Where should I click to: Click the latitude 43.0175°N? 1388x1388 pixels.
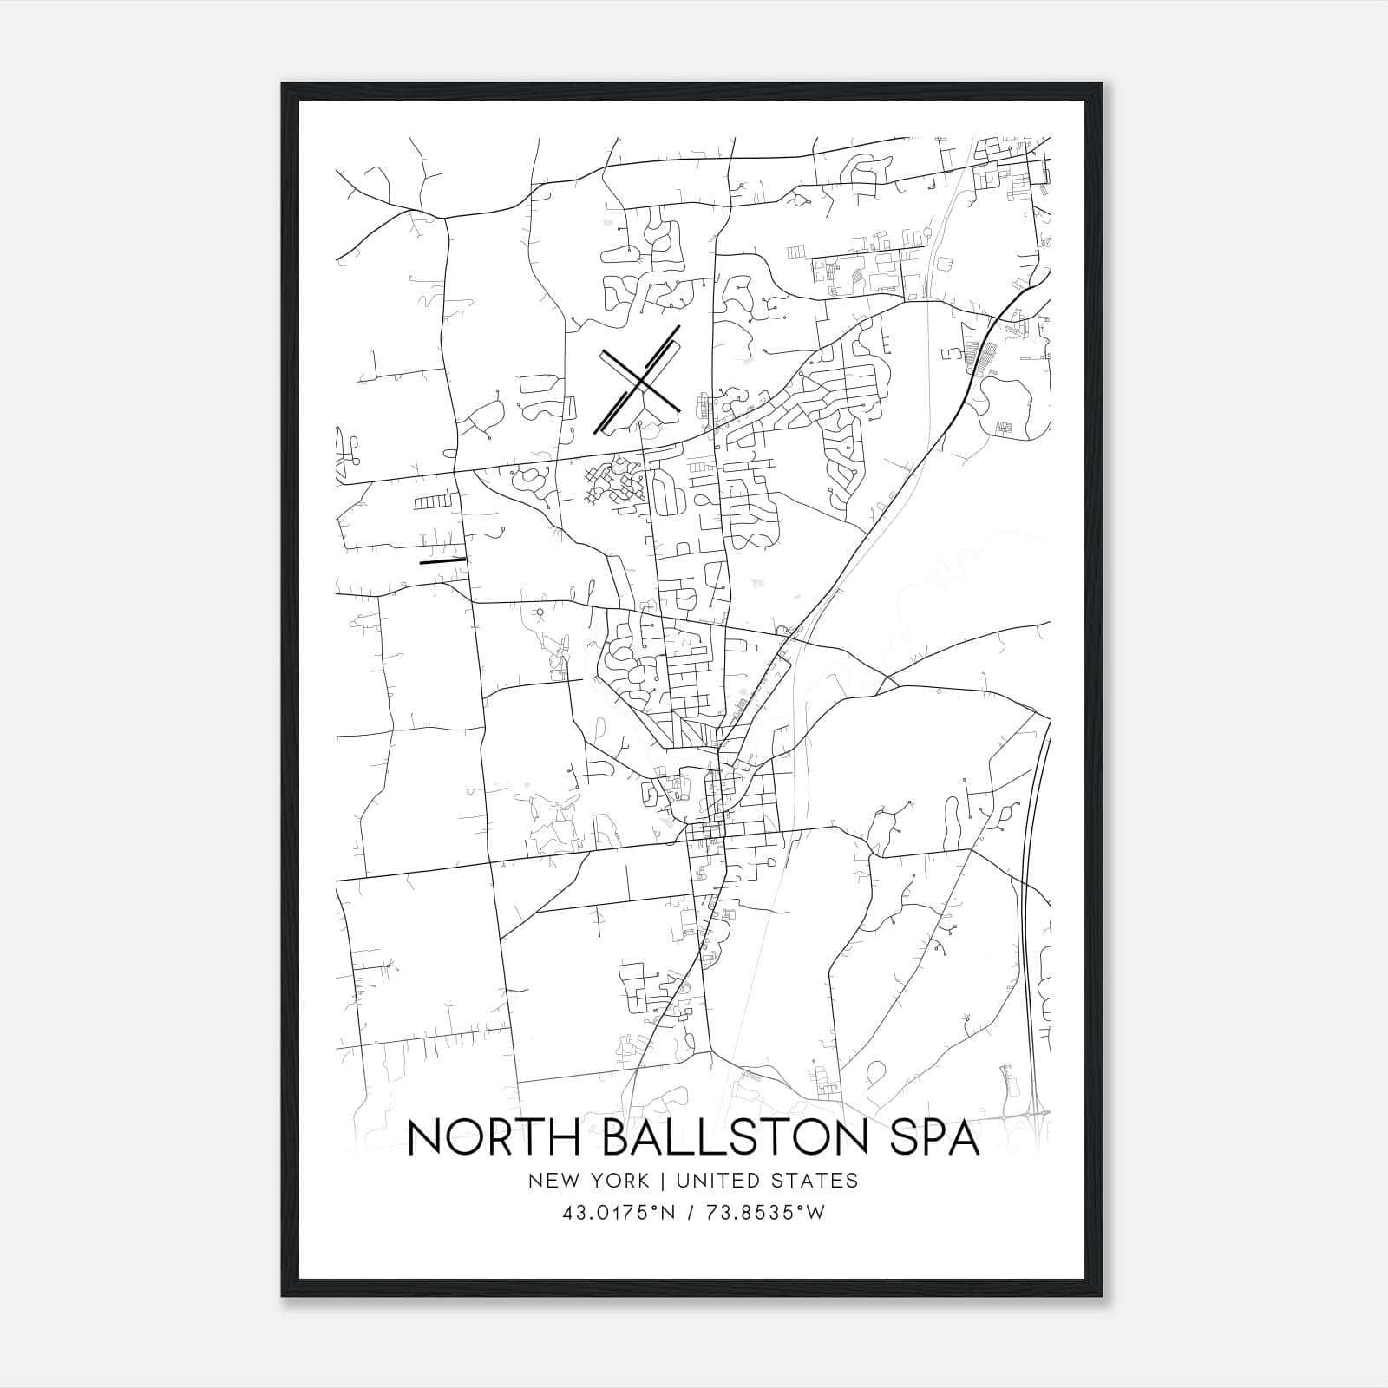pyautogui.click(x=618, y=1213)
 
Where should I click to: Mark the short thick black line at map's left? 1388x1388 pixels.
pyautogui.click(x=442, y=560)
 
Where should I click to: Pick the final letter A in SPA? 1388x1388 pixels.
pyautogui.click(x=962, y=1137)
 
